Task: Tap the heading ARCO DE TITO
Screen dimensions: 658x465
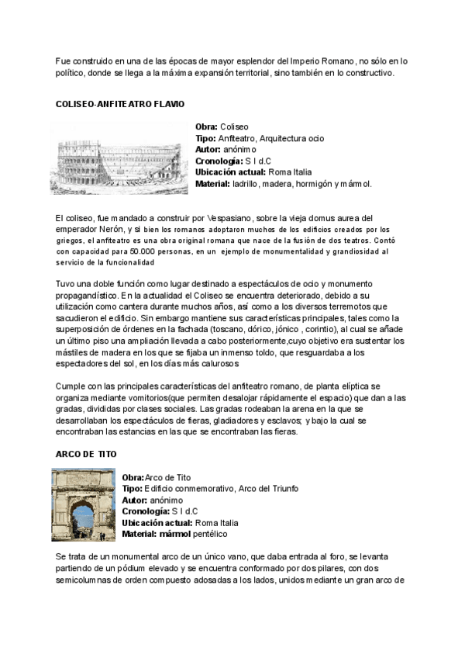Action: (85, 454)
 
